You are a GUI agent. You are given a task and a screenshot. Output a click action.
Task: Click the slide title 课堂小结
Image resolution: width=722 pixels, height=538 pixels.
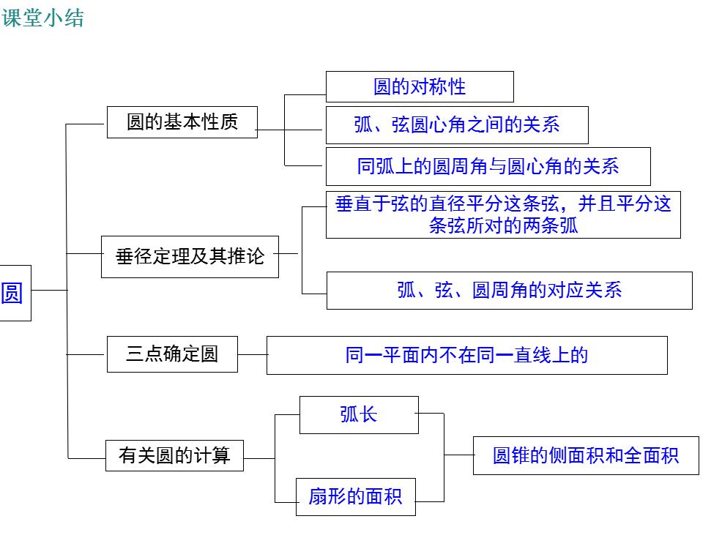[43, 18]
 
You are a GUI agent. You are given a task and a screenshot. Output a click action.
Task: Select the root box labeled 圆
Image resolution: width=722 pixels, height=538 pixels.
[13, 293]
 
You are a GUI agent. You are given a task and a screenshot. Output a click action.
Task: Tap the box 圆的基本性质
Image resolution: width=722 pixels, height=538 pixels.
[182, 122]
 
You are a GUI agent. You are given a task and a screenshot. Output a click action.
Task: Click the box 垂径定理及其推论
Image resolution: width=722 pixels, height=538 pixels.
[190, 257]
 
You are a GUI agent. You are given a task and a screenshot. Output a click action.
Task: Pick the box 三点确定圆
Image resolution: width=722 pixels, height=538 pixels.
[172, 354]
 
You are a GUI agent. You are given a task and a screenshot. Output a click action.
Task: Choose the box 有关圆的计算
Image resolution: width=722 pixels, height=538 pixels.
[174, 455]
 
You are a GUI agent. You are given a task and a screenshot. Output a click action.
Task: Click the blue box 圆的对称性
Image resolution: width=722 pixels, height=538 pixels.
[420, 86]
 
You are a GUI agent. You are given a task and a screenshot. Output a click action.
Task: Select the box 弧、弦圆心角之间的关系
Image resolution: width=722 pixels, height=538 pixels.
[456, 124]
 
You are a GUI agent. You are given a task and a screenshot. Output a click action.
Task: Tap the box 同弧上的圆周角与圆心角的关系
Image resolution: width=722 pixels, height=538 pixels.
[488, 166]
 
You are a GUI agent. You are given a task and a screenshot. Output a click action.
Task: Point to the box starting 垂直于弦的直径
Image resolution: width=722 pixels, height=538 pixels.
[503, 214]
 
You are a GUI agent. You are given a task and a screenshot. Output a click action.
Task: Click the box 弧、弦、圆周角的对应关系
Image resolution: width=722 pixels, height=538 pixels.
[509, 291]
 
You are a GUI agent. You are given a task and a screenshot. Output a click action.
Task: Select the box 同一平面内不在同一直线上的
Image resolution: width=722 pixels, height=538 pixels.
[466, 355]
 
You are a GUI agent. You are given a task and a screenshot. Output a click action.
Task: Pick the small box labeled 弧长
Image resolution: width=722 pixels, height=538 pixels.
[359, 414]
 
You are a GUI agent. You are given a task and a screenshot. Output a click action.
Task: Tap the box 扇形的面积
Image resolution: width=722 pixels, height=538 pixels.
[355, 497]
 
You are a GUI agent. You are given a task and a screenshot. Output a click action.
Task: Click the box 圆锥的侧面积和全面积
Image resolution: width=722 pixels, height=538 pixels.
[585, 455]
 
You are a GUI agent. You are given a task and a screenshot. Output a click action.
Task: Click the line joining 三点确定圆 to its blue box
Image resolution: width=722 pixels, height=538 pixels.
[253, 354]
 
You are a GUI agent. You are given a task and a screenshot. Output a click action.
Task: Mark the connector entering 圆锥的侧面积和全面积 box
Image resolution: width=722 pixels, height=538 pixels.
[458, 455]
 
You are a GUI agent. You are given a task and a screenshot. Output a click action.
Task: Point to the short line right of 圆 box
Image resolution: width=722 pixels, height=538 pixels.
[48, 290]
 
